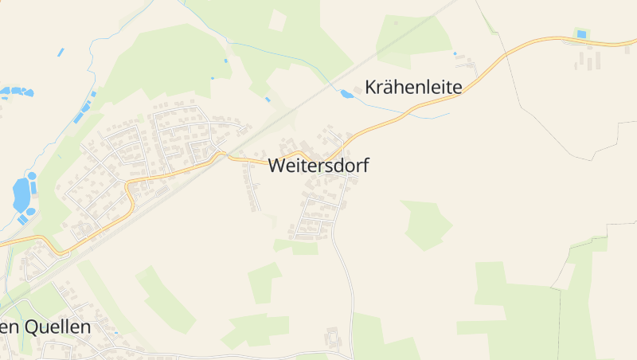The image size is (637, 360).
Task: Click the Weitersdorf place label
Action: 318,166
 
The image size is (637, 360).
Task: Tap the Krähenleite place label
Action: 413,87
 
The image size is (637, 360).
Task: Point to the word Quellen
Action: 57,327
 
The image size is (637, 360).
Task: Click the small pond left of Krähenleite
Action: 346,94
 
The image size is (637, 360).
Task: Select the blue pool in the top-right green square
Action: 581,34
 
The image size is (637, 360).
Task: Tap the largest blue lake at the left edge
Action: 21,193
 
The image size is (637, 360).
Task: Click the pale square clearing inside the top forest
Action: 277,21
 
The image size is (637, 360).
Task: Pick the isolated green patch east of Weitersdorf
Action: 426,223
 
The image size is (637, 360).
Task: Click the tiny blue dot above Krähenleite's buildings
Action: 455,53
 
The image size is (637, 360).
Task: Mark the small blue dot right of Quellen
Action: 116,332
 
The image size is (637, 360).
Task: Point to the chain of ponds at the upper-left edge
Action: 16,92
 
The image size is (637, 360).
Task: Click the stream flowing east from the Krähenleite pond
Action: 406,114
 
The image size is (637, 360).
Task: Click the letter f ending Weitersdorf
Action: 365,165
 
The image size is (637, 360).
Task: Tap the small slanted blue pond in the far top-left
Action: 61,53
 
